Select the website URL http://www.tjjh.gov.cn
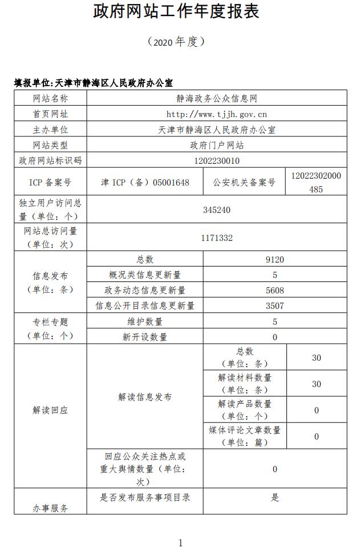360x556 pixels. (x=216, y=114)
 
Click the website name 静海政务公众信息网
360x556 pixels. (x=216, y=99)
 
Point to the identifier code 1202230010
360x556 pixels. (x=216, y=160)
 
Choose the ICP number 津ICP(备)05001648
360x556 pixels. (x=145, y=183)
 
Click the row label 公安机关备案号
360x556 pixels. (x=244, y=183)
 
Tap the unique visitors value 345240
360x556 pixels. (x=216, y=209)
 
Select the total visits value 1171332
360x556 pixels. (x=216, y=237)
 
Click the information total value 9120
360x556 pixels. (x=274, y=260)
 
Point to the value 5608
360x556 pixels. (x=274, y=290)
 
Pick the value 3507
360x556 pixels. (x=274, y=305)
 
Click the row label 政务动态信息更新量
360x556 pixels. (x=145, y=290)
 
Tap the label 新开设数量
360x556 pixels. (x=145, y=337)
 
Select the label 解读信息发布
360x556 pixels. (x=145, y=397)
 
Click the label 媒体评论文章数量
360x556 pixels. (x=245, y=436)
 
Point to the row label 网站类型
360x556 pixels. (x=50, y=145)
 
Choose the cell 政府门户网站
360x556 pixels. (x=216, y=145)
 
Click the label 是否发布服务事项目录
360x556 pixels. (x=145, y=497)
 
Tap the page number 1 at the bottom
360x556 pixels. (x=180, y=542)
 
